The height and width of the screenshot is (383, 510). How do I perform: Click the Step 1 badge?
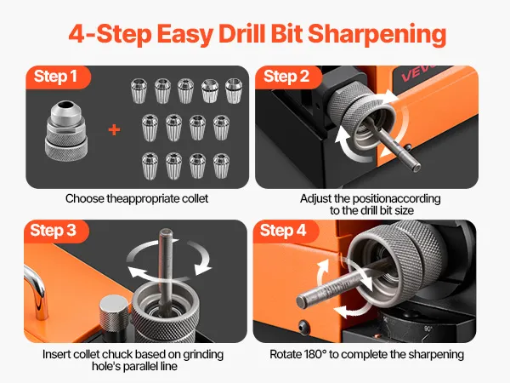click(58, 77)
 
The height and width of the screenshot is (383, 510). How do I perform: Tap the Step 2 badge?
click(288, 77)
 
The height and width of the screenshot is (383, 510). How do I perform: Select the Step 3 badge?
click(55, 231)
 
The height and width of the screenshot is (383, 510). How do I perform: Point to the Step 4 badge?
click(285, 231)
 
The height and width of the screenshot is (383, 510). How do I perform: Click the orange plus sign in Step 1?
click(114, 130)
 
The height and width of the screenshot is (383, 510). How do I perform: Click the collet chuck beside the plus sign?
click(66, 130)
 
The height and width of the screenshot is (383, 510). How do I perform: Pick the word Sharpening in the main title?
click(377, 35)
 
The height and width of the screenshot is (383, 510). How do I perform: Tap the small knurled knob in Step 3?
click(114, 313)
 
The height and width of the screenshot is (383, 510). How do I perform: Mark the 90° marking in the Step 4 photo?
click(428, 329)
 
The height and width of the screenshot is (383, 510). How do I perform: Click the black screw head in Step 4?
click(303, 326)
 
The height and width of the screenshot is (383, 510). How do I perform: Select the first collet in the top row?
click(139, 91)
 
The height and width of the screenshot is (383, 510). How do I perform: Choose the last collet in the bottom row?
click(222, 166)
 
